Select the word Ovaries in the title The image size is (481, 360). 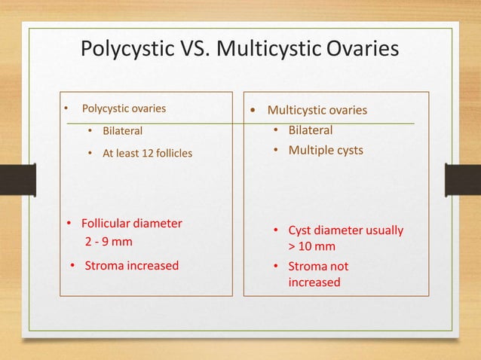[360, 50]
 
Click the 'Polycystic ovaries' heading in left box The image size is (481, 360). [124, 108]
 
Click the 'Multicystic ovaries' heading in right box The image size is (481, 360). [317, 111]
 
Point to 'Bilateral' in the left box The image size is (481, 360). [122, 131]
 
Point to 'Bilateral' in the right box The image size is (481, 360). [311, 130]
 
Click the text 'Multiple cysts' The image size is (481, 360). [326, 150]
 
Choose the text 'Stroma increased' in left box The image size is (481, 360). [132, 265]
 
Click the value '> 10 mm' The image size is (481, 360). [311, 247]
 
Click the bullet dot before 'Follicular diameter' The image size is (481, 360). [67, 224]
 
